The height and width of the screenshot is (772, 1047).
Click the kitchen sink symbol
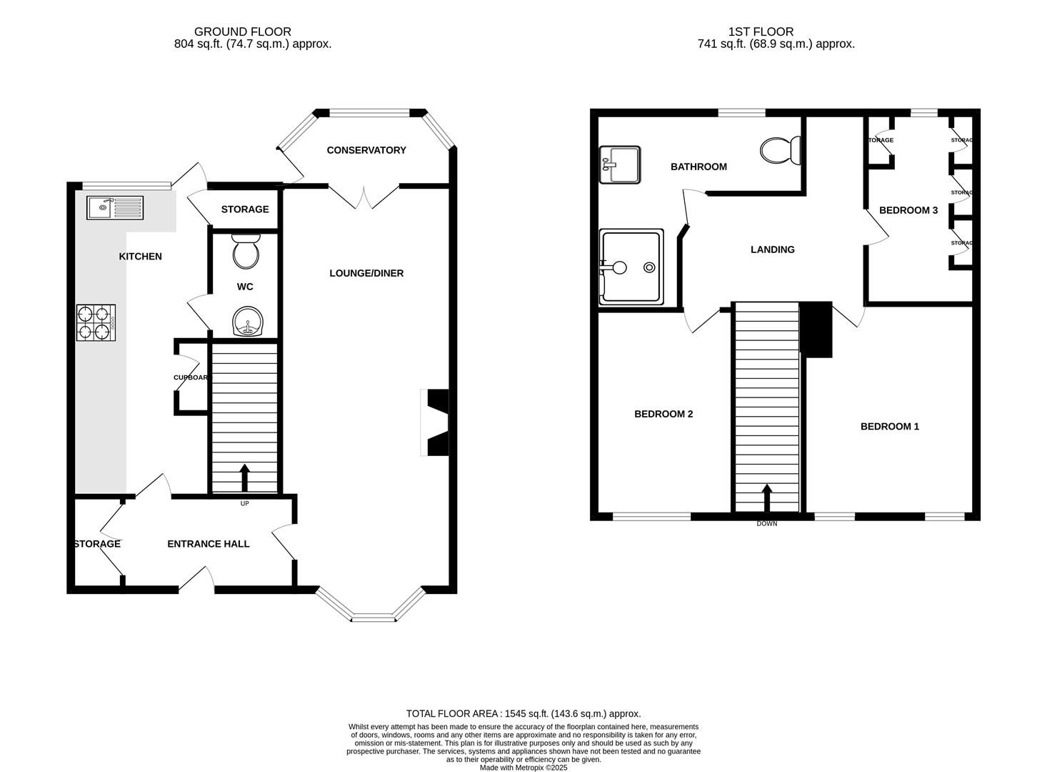[x=115, y=207]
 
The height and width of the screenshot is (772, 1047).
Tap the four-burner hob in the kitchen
[x=96, y=322]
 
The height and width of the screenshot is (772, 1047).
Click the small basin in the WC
[x=248, y=322]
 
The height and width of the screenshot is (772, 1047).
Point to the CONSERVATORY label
[x=366, y=150]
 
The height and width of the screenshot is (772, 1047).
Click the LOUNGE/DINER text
[x=366, y=273]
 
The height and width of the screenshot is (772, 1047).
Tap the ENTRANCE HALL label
[x=209, y=544]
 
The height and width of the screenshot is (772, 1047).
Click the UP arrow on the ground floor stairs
[x=245, y=477]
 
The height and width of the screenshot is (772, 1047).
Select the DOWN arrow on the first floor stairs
[x=767, y=498]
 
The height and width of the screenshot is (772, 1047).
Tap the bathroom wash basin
[x=620, y=164]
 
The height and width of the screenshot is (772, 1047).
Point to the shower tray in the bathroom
[x=631, y=267]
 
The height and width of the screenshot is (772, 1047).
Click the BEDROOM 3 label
[x=908, y=210]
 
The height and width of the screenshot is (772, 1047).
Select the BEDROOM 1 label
[x=890, y=427]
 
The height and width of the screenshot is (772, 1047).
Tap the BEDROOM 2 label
[x=664, y=414]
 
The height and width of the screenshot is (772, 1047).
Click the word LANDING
[x=773, y=249]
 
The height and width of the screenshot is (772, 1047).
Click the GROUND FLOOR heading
[x=243, y=31]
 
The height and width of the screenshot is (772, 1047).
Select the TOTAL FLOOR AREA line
[x=523, y=713]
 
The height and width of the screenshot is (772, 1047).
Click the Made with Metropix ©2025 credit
[x=523, y=768]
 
